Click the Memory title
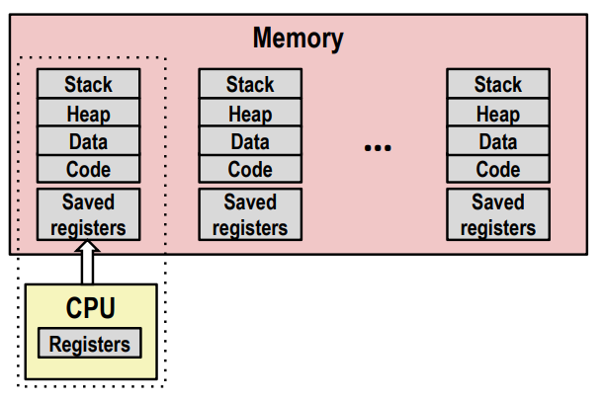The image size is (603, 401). click(x=298, y=39)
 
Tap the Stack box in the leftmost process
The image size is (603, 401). click(x=88, y=83)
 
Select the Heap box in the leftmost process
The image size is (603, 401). click(x=88, y=113)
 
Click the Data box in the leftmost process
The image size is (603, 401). click(x=88, y=140)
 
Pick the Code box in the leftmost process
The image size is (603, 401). click(x=88, y=169)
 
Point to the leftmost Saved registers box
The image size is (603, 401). click(x=88, y=214)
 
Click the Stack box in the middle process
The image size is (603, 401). click(x=250, y=83)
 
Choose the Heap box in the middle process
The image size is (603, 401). click(x=250, y=113)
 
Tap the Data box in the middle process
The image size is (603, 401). click(x=250, y=140)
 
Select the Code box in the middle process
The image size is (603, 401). click(x=250, y=169)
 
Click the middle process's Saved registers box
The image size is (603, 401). click(x=250, y=214)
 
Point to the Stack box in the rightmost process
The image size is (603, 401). click(x=498, y=83)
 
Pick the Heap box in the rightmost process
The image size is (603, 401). click(x=498, y=113)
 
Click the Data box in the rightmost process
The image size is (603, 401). click(x=498, y=140)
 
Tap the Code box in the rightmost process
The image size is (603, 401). click(x=498, y=169)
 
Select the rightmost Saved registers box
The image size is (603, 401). click(x=498, y=214)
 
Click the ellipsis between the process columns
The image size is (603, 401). click(x=378, y=147)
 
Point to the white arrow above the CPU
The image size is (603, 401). click(x=88, y=263)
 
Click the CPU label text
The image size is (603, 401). click(x=91, y=308)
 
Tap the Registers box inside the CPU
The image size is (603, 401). click(x=90, y=343)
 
